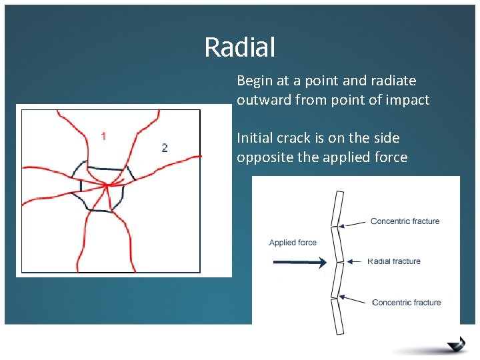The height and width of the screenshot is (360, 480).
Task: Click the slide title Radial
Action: (239, 47)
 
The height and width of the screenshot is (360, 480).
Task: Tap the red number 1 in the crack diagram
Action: (103, 137)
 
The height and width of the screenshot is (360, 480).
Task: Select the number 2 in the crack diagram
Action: (165, 147)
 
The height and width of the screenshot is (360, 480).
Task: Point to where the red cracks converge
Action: (106, 185)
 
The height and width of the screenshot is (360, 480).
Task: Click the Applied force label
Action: (293, 243)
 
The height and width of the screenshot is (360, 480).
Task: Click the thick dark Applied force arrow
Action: (298, 262)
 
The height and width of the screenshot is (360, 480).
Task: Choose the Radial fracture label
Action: (394, 261)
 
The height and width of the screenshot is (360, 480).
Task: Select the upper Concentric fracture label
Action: (405, 221)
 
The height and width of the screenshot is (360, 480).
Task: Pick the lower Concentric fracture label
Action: (406, 303)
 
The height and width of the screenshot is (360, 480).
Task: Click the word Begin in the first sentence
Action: (255, 81)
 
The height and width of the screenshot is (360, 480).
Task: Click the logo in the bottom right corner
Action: (456, 343)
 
